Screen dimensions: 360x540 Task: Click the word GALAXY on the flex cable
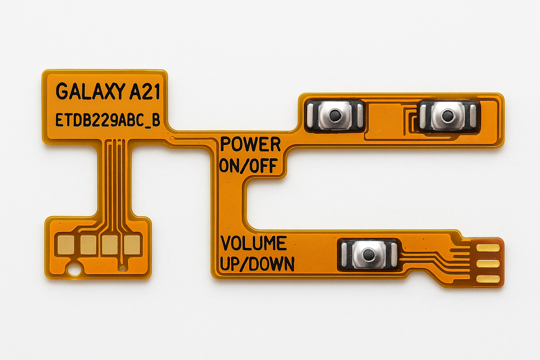click(90, 91)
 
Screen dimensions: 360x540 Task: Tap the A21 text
click(145, 91)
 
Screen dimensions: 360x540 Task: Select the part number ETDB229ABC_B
click(108, 120)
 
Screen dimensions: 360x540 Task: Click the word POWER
click(250, 144)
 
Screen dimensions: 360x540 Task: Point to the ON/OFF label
click(248, 166)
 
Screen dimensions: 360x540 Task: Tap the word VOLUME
click(253, 243)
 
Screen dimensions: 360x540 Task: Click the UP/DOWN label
click(257, 264)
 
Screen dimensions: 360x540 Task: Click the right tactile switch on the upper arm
click(448, 115)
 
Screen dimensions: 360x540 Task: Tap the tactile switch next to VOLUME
click(368, 255)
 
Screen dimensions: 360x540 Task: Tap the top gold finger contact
click(488, 248)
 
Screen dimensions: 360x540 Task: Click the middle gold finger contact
click(488, 264)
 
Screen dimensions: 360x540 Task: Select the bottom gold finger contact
click(488, 279)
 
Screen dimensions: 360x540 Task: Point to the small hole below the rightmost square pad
click(122, 269)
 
